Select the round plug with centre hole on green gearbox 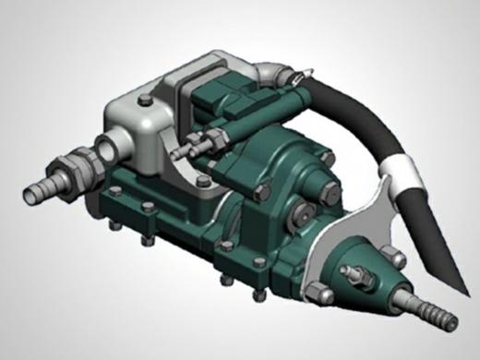296,221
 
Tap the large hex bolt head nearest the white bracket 327,189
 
